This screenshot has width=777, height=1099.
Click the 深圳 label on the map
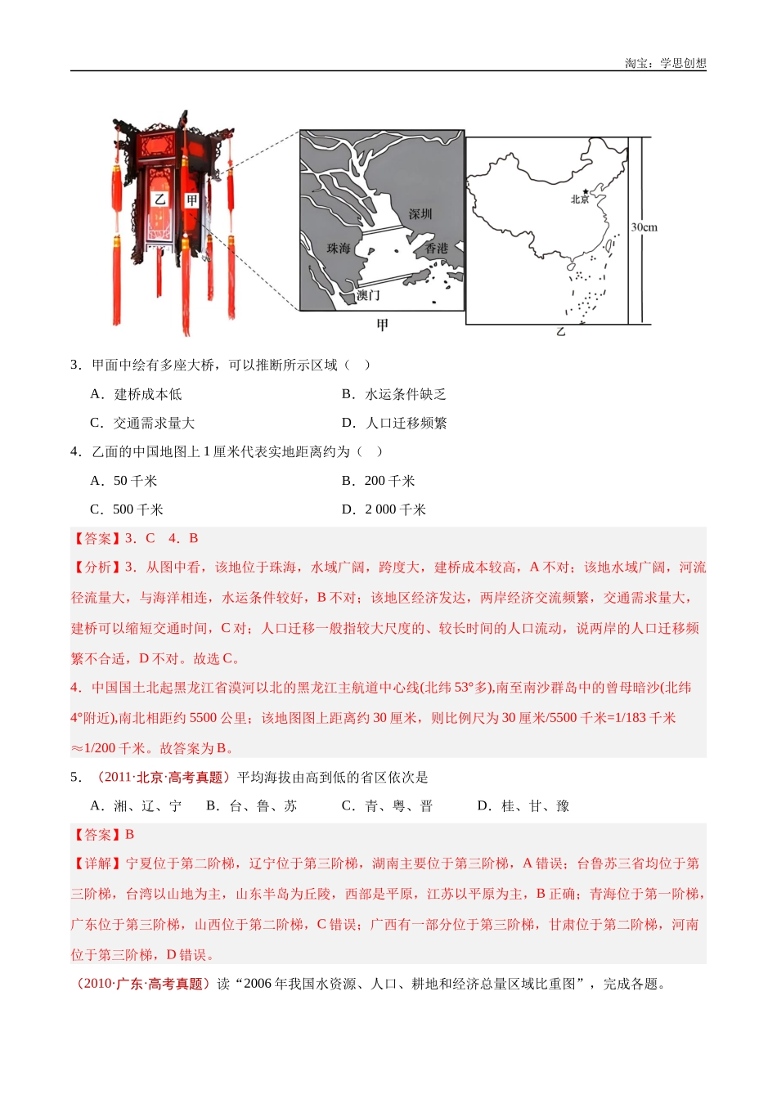coord(420,214)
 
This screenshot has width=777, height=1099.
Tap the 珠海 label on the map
coord(339,249)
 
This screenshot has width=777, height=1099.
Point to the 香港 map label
coord(436,248)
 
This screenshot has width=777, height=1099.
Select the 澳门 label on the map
coord(368,295)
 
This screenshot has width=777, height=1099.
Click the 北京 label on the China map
coord(580,200)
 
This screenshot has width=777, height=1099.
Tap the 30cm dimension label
coord(645,227)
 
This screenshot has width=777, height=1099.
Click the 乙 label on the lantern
coord(160,199)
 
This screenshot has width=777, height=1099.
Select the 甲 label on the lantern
coord(191,200)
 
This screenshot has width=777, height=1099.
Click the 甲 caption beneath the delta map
coord(382,325)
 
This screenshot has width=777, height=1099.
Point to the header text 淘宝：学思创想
coord(665,63)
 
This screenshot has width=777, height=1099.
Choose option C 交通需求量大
coord(142,423)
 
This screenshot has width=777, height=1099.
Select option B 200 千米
coord(379,481)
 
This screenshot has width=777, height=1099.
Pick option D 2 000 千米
coord(384,509)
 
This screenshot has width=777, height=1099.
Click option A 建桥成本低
coord(137,394)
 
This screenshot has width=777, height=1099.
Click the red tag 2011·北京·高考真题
coord(159,777)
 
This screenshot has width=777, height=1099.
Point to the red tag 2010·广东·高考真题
coord(141,984)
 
